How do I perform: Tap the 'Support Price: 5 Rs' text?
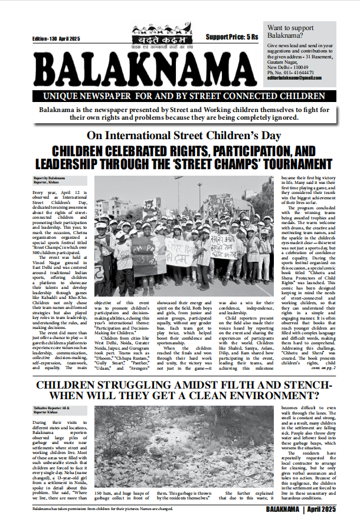coord(232,37)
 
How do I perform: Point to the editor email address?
coord(293,78)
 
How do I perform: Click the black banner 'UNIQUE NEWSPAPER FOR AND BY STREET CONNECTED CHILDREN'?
coord(177,96)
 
